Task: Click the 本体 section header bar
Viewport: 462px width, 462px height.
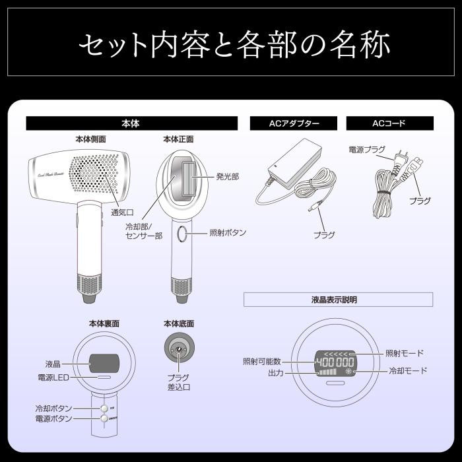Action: (131, 123)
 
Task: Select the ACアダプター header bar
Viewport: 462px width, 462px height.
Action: (294, 123)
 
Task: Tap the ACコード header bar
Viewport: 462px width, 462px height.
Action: (389, 123)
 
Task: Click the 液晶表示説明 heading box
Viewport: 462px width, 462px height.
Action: (338, 300)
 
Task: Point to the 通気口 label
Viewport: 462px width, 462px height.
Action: (122, 213)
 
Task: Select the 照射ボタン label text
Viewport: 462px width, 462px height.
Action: (228, 233)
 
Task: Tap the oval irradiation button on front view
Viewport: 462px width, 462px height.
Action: (182, 234)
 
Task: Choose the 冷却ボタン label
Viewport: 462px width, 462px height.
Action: (54, 409)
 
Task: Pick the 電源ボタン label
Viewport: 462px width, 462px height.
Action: (54, 418)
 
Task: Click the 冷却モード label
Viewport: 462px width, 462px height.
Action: (407, 371)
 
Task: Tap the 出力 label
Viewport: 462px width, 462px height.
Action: (275, 374)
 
